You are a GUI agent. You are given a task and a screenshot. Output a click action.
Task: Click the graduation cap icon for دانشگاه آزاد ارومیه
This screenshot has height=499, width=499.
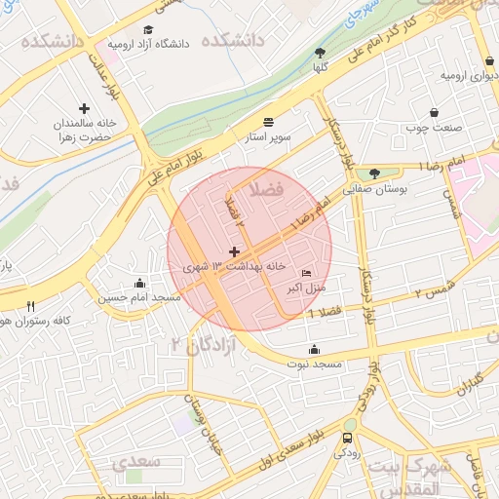click(148, 29)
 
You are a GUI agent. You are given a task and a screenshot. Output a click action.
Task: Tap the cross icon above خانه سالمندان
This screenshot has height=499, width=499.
click(84, 108)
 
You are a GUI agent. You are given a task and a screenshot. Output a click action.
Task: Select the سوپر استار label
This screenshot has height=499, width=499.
click(268, 138)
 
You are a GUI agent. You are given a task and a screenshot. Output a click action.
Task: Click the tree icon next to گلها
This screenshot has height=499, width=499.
click(321, 53)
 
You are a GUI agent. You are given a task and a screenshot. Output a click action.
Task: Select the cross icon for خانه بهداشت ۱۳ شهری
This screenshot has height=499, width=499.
click(234, 251)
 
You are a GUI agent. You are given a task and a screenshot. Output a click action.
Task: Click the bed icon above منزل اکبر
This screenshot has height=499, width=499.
click(308, 274)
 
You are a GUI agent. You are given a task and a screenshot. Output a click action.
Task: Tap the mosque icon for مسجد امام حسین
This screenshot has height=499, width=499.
click(142, 282)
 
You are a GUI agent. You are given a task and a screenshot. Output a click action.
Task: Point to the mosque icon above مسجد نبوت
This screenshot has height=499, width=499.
click(314, 350)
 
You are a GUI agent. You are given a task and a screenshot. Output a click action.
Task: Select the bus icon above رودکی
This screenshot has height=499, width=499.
click(348, 438)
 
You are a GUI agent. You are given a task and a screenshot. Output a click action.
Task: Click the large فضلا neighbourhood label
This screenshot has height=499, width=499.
click(265, 188)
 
